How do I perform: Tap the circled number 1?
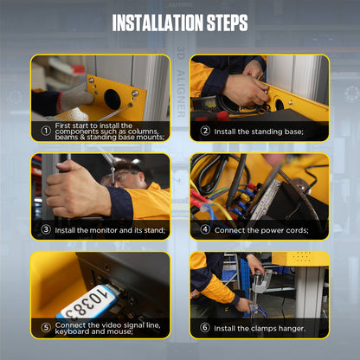coord(45,132)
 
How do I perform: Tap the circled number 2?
coord(205,132)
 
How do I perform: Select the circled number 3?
coord(45,230)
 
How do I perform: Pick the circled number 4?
coord(205,230)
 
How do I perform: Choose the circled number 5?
coord(45,328)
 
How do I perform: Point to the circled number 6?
coord(205,328)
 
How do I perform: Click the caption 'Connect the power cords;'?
coord(260,230)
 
